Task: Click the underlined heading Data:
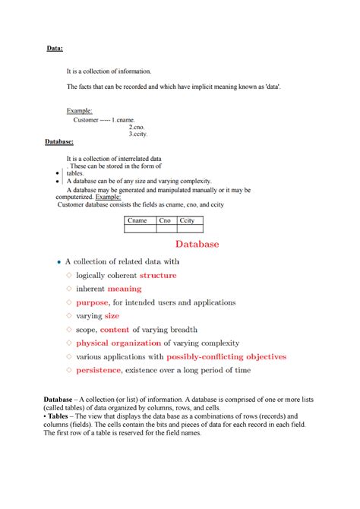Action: point(55,49)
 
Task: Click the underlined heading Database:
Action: point(59,141)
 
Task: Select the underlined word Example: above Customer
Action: point(80,111)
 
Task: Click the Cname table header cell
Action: point(138,220)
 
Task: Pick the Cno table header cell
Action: point(165,220)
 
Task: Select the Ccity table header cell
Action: point(187,220)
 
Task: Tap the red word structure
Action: point(158,275)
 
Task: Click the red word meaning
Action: point(124,289)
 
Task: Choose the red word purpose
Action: point(92,302)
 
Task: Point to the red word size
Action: point(112,316)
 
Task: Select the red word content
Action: point(115,330)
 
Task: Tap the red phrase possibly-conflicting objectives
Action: point(226,356)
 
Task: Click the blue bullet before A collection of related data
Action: point(59,261)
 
